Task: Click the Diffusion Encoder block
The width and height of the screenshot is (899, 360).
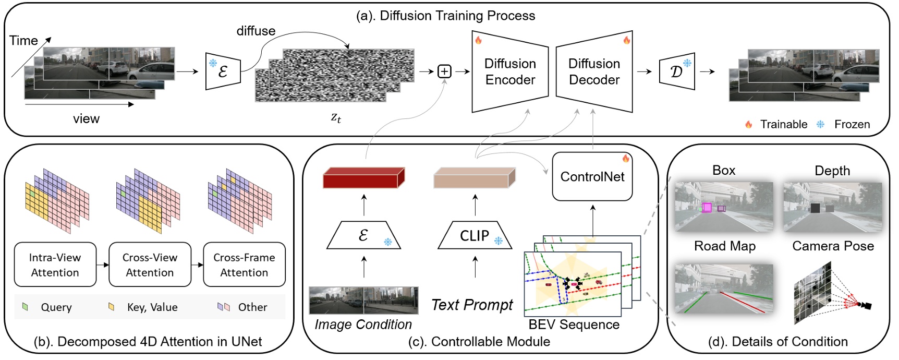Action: (509, 72)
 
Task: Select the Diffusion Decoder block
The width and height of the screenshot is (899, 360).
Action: (594, 72)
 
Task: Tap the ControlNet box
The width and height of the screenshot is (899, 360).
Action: (592, 177)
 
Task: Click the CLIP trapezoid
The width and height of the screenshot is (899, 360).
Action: (475, 236)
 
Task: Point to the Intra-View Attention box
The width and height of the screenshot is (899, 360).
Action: (55, 265)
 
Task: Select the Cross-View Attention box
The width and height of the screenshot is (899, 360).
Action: (150, 265)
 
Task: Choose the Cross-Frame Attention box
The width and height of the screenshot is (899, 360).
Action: (244, 265)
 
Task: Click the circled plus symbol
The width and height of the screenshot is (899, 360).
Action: (444, 71)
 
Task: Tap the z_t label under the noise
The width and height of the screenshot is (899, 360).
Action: (336, 117)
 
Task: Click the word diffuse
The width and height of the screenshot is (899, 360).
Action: (256, 31)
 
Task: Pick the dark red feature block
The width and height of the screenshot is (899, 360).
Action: (363, 178)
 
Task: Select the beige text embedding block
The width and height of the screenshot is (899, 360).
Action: (474, 178)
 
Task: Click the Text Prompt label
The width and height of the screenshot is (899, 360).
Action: (472, 305)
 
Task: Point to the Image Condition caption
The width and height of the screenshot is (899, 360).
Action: (363, 325)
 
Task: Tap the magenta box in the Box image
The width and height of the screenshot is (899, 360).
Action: (707, 208)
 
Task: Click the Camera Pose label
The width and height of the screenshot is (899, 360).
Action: (833, 246)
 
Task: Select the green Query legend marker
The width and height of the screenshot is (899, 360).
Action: (25, 307)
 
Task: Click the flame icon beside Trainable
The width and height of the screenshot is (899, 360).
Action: (748, 124)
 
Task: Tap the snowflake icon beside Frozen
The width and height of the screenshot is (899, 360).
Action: (820, 124)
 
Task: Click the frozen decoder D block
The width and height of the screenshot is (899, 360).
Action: (677, 71)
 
